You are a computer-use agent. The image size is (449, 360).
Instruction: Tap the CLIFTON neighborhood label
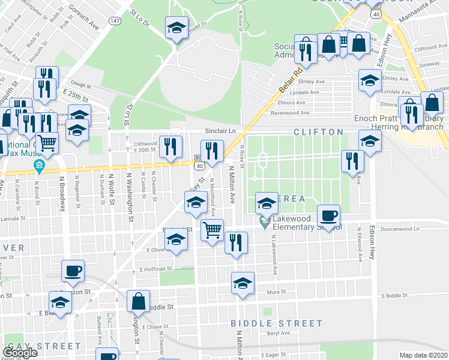[x=318, y=132]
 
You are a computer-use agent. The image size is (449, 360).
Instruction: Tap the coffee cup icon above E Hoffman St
[x=73, y=271]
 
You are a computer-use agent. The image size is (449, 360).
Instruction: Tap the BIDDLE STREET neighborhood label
[x=277, y=323]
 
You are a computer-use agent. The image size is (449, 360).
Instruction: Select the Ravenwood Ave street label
[x=290, y=112]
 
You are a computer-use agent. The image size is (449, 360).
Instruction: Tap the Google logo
[x=20, y=352]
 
